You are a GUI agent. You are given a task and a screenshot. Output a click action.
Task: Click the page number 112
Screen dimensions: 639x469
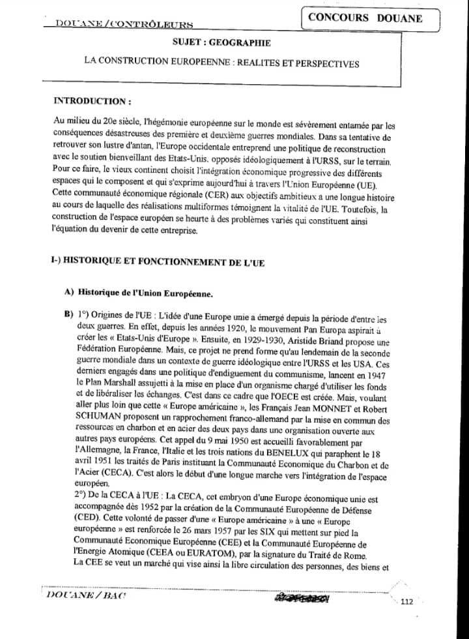pyautogui.click(x=408, y=602)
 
